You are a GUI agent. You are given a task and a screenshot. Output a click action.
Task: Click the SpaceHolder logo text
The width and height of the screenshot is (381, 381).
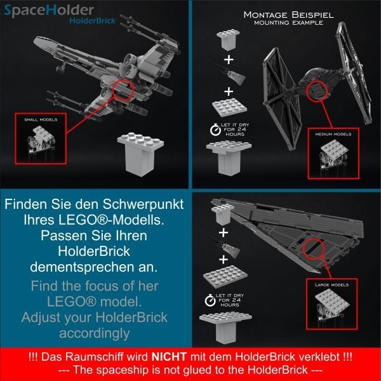coord(49,11)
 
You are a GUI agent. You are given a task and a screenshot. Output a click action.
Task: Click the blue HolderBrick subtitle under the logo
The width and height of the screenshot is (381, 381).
coord(92,21)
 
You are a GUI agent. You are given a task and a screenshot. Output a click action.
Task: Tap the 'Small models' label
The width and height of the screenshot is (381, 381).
coord(41,119)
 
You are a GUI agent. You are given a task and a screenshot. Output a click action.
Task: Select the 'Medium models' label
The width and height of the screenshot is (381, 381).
coord(333,134)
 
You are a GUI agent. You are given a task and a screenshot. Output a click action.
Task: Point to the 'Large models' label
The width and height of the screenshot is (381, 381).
coord(331,284)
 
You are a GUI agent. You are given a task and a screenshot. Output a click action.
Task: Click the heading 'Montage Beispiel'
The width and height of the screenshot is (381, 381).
coord(289,15)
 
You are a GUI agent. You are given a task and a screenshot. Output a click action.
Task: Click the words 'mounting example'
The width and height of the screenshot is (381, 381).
coord(289,23)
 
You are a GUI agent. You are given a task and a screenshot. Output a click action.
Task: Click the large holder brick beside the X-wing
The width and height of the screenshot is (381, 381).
coord(140,154)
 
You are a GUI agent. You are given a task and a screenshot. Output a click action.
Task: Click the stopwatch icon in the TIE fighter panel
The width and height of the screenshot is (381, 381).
coord(215,130)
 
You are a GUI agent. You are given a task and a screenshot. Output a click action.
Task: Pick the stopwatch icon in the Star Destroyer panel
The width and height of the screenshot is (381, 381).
coord(210,300)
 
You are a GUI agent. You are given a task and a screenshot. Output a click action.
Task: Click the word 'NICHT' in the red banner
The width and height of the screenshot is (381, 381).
coord(169,357)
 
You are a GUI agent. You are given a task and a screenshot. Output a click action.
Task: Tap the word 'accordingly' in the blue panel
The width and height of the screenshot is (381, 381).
coord(94,333)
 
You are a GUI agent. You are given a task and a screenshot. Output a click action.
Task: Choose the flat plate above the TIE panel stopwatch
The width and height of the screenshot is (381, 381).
coord(229,108)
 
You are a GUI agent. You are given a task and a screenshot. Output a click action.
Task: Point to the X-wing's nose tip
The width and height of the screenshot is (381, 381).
coord(34,41)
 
